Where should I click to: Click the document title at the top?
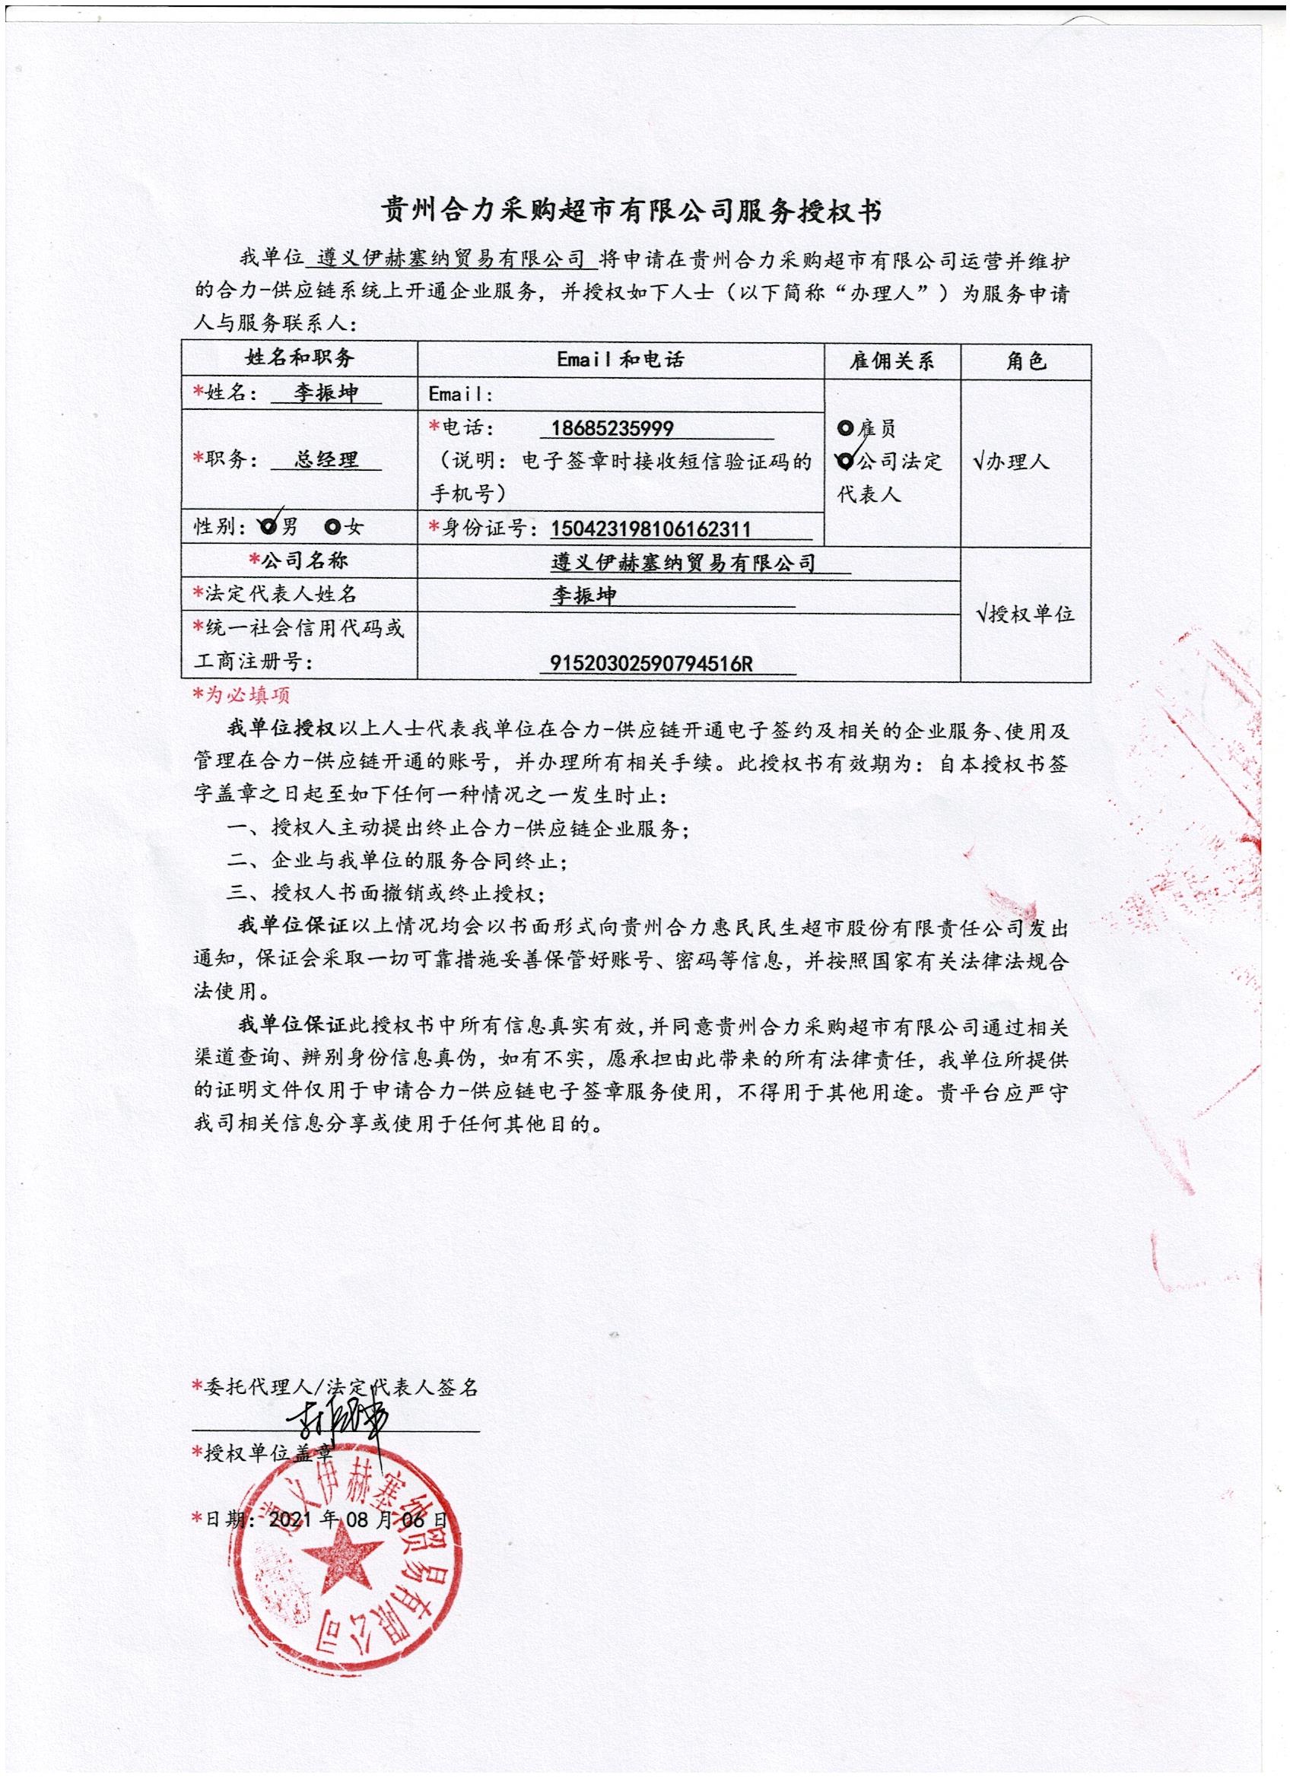point(631,211)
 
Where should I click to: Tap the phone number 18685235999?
point(612,428)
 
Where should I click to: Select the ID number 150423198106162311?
point(651,529)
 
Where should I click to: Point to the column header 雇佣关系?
point(891,361)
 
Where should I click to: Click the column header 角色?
point(1025,361)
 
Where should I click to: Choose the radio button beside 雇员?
point(845,428)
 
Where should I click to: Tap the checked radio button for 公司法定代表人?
point(845,462)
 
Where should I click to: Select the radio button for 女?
point(332,527)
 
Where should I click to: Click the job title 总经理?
point(326,460)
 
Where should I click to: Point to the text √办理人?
point(1011,462)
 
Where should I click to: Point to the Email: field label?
point(460,395)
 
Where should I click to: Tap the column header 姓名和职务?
point(300,359)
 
